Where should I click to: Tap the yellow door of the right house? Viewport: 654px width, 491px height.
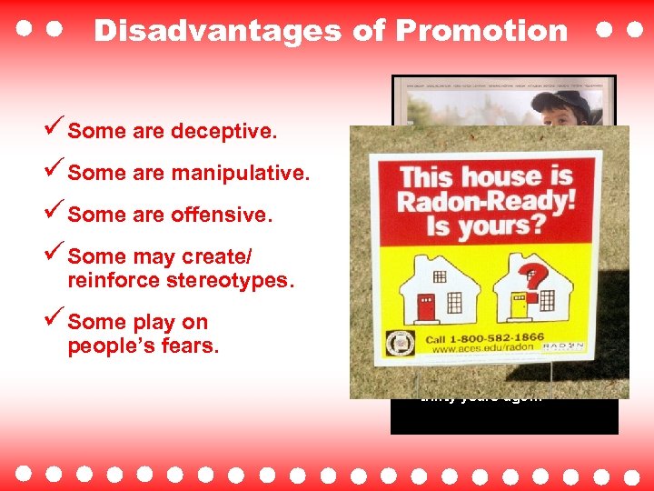[x=519, y=306]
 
